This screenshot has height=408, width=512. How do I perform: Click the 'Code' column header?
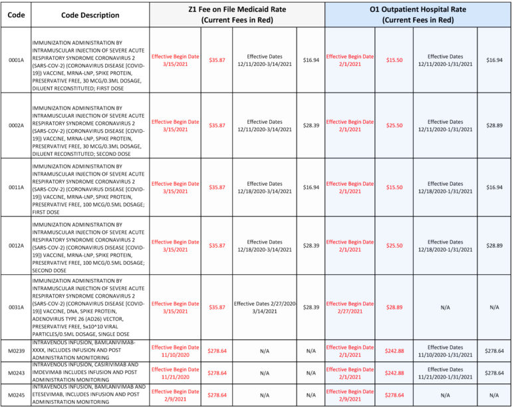click(x=15, y=15)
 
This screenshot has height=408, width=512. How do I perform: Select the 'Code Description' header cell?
click(x=89, y=15)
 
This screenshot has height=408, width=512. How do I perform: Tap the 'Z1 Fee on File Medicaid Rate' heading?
click(x=237, y=15)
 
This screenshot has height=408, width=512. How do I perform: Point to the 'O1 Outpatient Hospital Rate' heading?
click(x=418, y=15)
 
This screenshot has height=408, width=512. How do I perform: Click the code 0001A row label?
click(x=15, y=60)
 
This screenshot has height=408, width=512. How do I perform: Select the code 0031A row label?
click(x=15, y=307)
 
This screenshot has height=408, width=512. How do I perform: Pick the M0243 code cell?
click(x=15, y=373)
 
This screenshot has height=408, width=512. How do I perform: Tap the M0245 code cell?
click(x=15, y=395)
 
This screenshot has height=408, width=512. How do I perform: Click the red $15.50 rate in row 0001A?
click(x=394, y=60)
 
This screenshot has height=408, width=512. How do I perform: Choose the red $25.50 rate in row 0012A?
click(x=394, y=246)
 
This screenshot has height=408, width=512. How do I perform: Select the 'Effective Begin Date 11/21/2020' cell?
click(x=175, y=373)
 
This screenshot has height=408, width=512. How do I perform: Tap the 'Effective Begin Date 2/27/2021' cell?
click(x=350, y=307)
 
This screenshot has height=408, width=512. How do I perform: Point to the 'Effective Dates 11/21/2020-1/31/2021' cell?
click(x=446, y=373)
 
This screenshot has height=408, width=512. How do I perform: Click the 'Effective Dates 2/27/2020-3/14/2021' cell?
click(x=264, y=307)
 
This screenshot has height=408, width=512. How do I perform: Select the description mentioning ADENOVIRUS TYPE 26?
click(x=89, y=307)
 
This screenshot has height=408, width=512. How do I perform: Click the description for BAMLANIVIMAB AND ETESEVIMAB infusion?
click(x=89, y=395)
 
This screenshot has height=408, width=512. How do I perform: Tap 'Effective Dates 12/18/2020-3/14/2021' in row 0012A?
click(x=264, y=246)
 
